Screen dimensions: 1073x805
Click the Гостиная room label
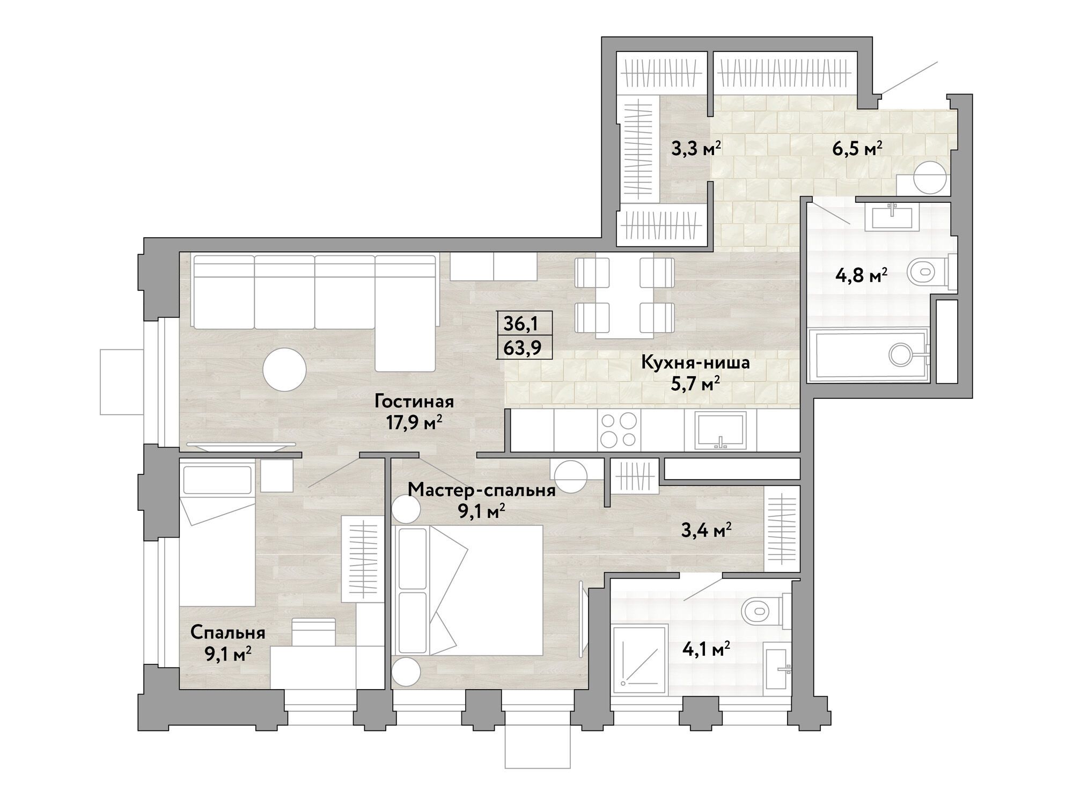point(414,401)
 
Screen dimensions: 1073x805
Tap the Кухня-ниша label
point(695,363)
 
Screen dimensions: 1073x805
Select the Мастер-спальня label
point(481,491)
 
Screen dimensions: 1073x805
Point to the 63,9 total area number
point(520,349)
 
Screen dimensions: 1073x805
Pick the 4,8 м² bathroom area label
point(861,277)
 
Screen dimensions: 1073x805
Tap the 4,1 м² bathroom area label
point(703,650)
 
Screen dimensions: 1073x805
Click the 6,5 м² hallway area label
point(858,149)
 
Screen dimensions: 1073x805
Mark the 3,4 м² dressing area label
point(707,532)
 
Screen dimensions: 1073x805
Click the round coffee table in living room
point(284,369)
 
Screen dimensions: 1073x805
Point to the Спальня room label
point(228,633)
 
